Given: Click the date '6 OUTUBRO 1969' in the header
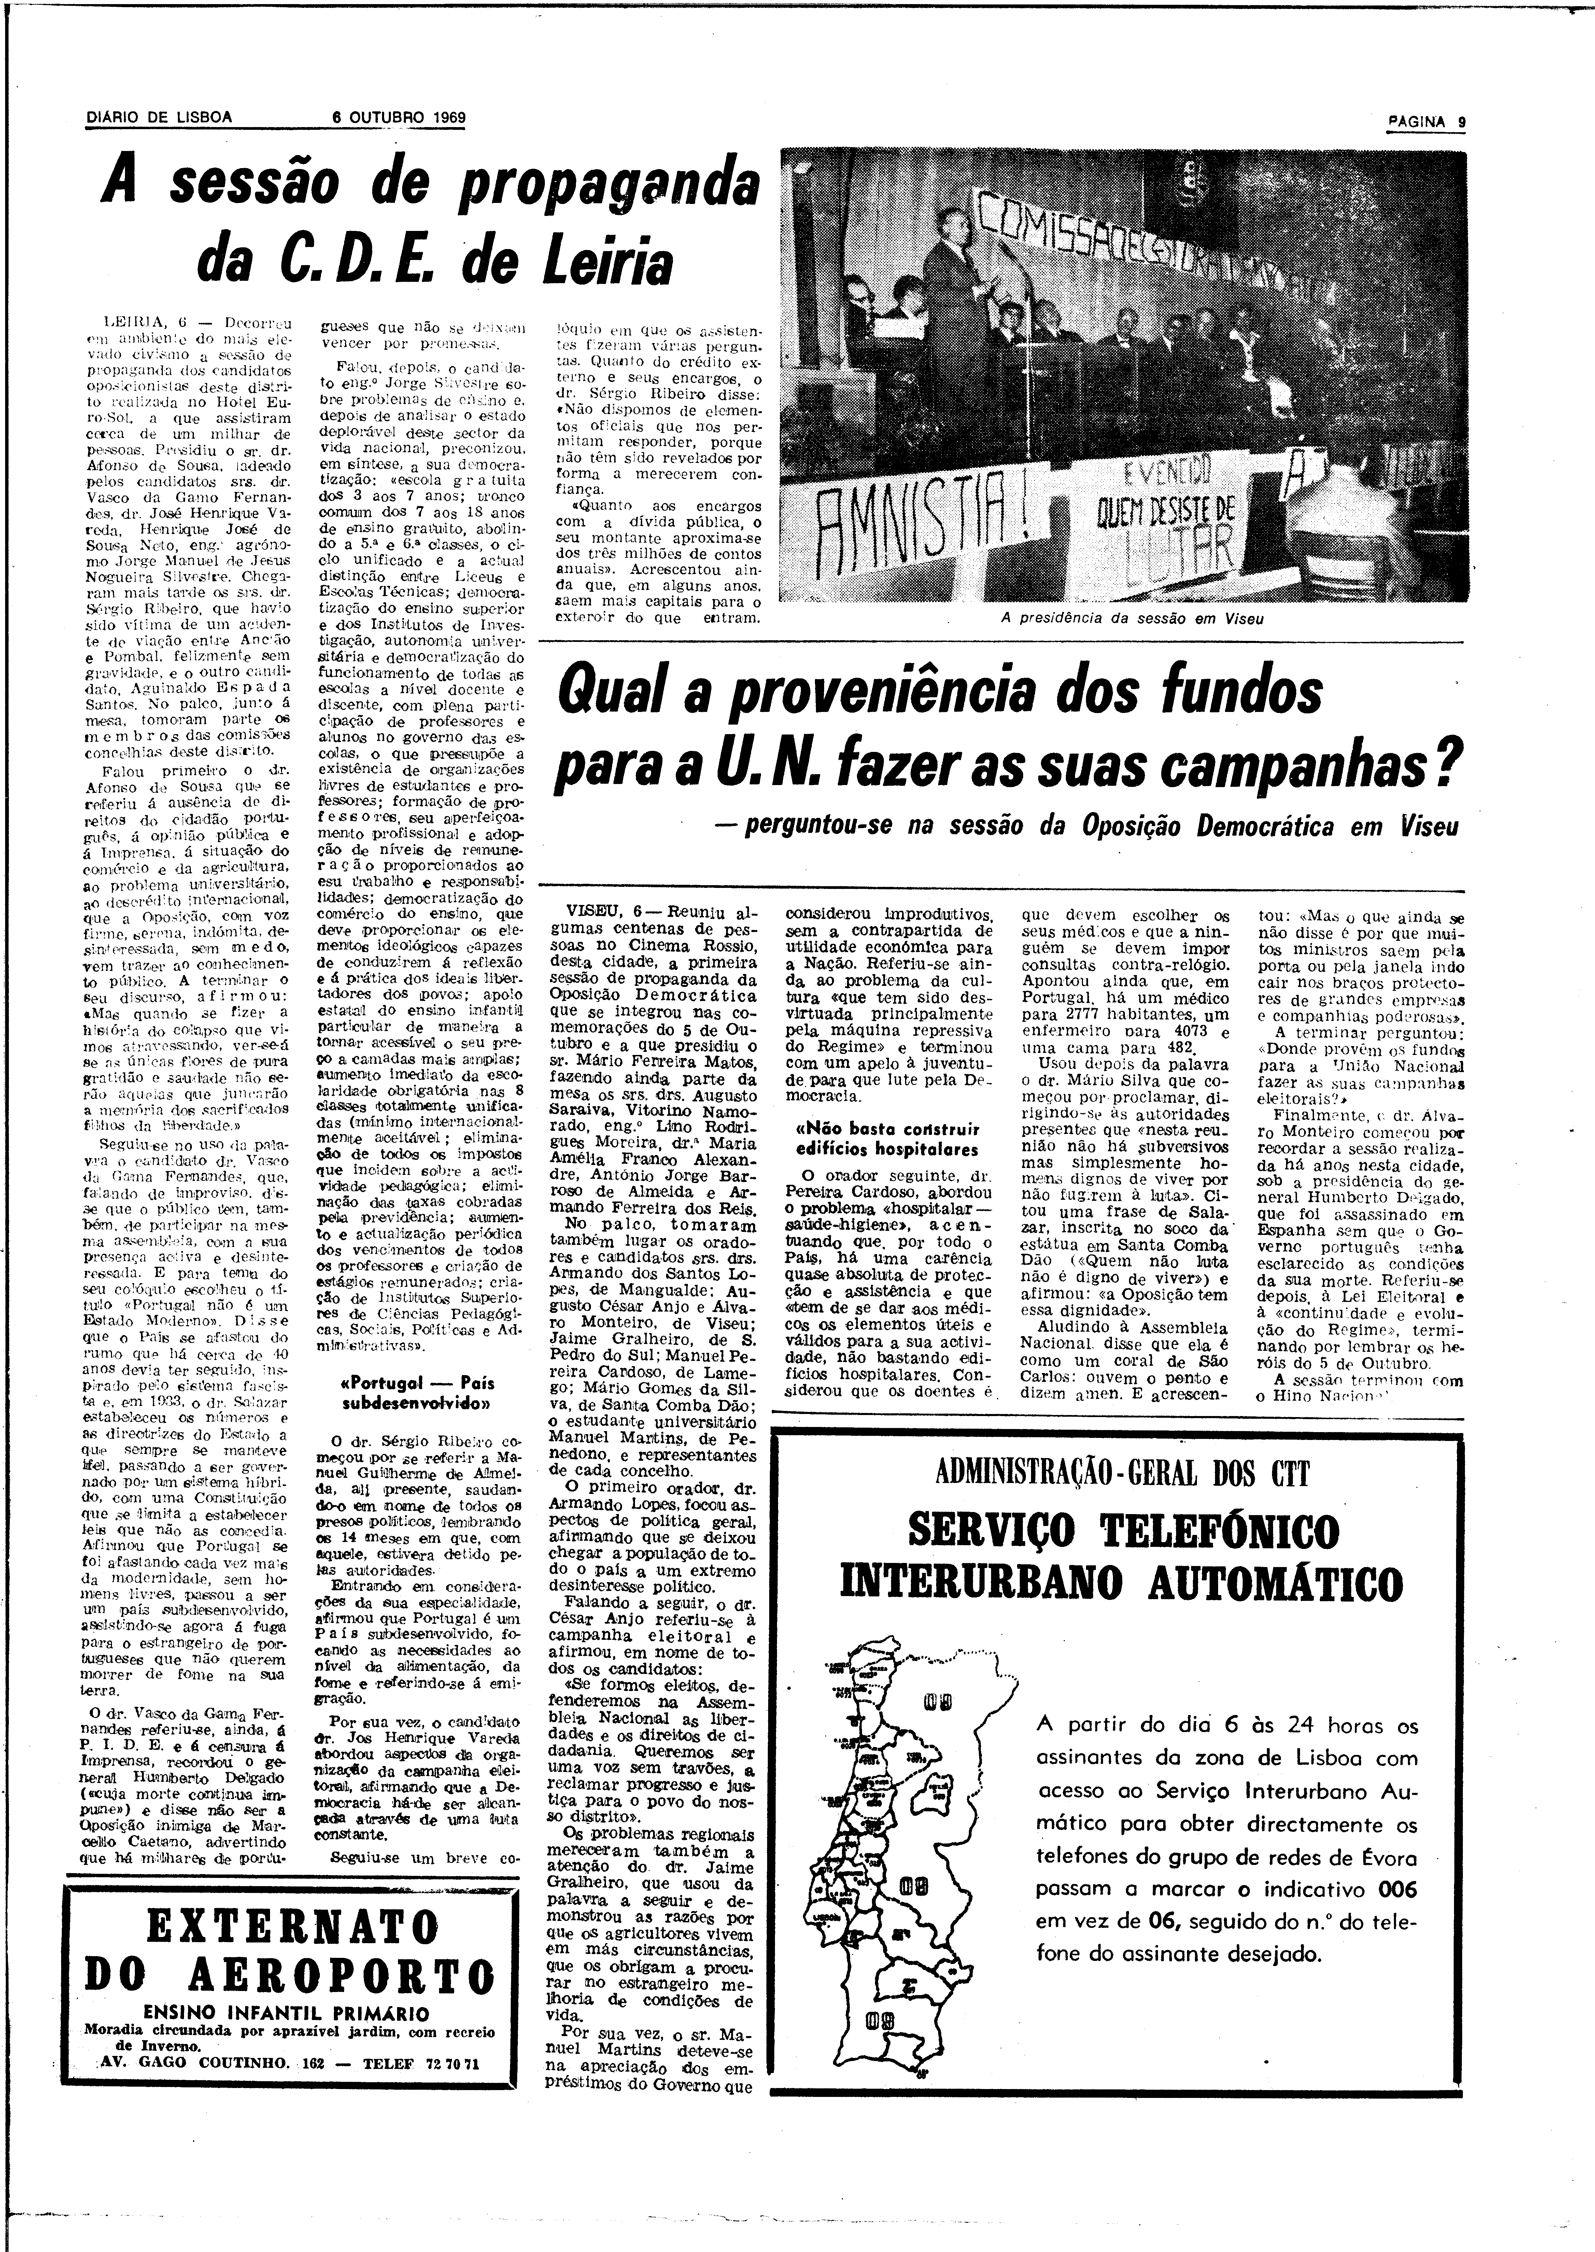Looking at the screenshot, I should pos(398,117).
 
